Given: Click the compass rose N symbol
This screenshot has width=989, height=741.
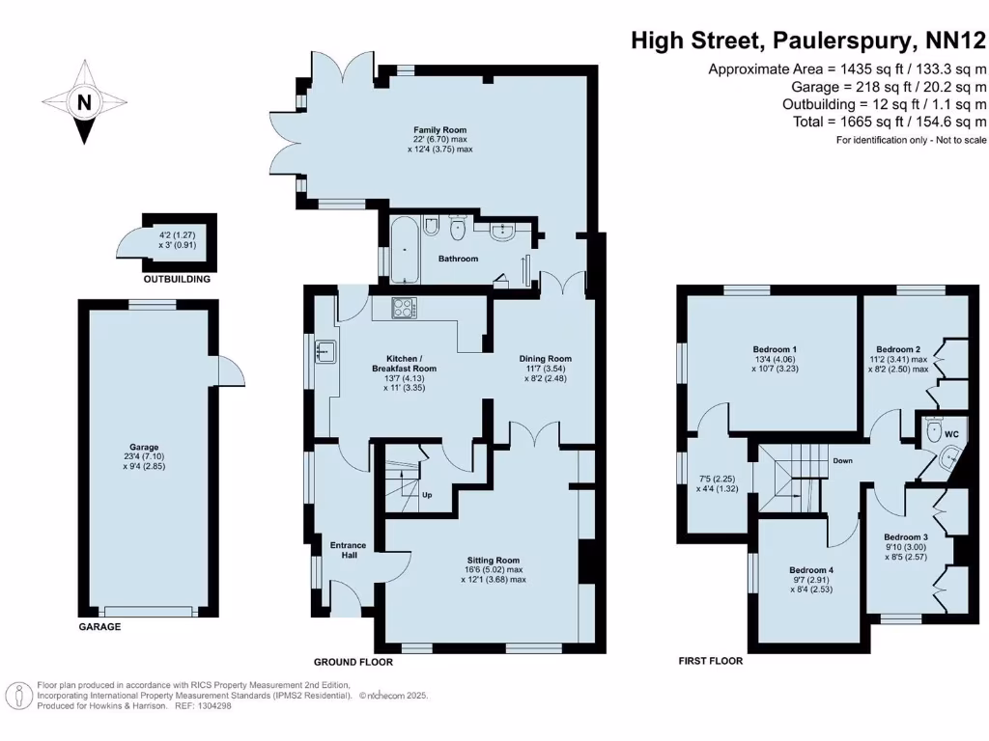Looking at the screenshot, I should pos(85,102).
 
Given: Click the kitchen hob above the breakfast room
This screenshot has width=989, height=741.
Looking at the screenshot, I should pos(404,309).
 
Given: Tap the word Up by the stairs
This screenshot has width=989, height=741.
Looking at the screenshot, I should pos(426,495).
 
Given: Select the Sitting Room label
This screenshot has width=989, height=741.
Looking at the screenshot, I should pos(494,560).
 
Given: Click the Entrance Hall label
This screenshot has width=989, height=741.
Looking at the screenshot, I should pos(348,551).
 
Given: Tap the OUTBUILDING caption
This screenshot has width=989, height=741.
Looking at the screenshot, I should pos(177,280).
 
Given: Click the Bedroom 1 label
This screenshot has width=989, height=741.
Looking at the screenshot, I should pos(775,348).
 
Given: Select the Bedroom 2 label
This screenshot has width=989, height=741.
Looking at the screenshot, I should pos(897,348).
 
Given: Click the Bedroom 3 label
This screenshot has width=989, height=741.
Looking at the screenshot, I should pos(906,536).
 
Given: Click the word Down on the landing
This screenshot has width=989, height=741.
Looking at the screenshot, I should pos(842,461).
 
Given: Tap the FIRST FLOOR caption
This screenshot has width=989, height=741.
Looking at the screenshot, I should pos(710,661).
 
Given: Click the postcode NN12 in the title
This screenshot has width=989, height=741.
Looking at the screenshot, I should pos(954,41).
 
